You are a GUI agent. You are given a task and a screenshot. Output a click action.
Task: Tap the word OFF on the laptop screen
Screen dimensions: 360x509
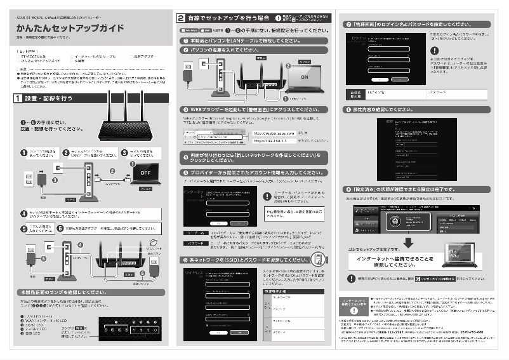pos(145,172)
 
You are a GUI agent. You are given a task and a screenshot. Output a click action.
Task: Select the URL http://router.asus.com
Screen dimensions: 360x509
pos(274,133)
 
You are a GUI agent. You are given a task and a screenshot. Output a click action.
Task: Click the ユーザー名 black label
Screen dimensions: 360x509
pos(191,234)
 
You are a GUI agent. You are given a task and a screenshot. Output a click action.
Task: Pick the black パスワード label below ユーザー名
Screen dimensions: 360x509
pos(191,243)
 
